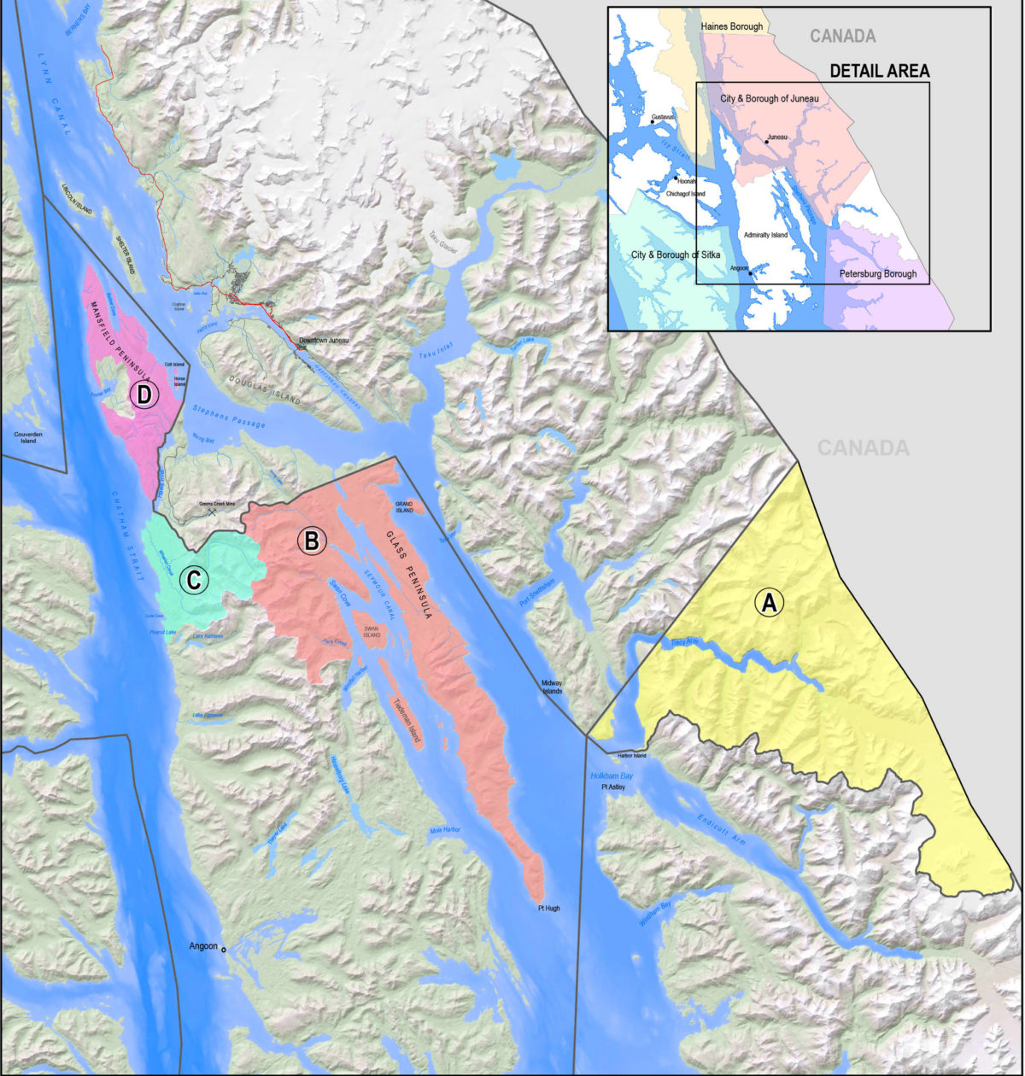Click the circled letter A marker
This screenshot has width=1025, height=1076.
768,603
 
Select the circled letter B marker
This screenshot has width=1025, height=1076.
312,541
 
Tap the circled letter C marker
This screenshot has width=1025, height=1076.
194,581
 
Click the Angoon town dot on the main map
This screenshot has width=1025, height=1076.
224,950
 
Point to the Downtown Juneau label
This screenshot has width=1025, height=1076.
324,341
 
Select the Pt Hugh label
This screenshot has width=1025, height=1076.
548,909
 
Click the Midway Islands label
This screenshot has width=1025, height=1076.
552,686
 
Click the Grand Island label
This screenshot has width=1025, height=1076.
404,507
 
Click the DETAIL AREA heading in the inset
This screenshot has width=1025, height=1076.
880,72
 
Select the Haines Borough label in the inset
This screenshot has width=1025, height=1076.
731,27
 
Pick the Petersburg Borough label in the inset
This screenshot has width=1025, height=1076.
878,274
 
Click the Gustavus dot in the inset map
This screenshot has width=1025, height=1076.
653,122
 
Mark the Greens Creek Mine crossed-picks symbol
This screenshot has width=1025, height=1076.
212,512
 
